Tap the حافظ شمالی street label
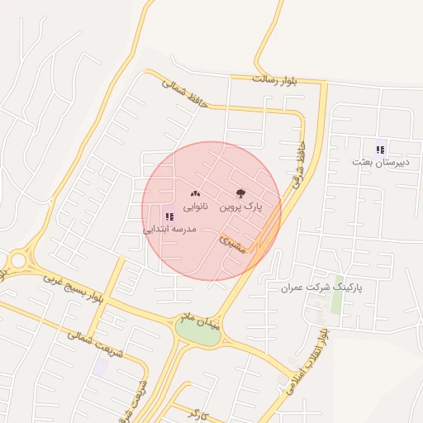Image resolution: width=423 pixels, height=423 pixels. click(x=182, y=92)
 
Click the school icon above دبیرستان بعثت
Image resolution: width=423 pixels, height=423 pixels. click(x=380, y=150)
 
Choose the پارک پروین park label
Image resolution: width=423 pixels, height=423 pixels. click(x=240, y=209)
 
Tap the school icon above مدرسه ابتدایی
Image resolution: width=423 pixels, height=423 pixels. click(x=169, y=216)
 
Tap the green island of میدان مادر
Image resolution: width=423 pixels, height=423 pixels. click(x=197, y=332)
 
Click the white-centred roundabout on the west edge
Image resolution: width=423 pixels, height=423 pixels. click(x=18, y=260)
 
